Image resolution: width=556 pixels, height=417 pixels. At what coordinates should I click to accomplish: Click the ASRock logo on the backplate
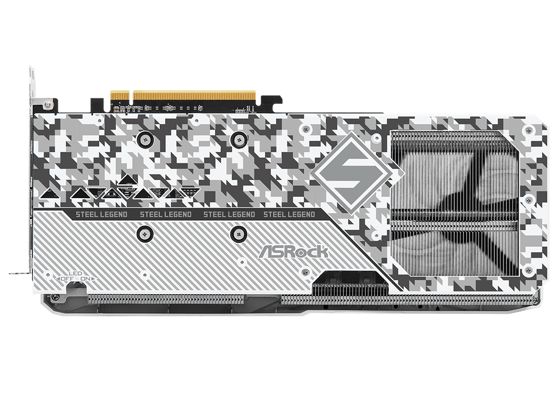293,251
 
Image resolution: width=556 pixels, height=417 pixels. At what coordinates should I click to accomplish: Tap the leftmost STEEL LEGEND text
101,214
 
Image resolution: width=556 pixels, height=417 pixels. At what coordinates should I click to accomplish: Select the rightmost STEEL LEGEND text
289,214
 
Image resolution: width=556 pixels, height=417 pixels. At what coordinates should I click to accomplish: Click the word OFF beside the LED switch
66,278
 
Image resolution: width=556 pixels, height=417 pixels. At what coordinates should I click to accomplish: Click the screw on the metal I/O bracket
47,105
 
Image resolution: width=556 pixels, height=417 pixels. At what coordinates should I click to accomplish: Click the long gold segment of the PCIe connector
194,95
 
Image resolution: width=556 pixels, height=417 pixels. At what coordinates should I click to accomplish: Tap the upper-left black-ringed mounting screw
145,140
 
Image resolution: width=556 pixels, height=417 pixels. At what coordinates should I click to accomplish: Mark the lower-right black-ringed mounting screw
238,233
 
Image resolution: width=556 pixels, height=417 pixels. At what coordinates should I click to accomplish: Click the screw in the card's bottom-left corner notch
56,298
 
